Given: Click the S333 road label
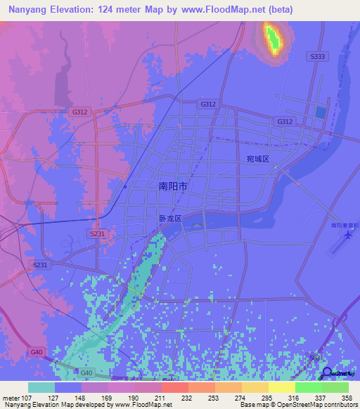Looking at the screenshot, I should (x=316, y=56).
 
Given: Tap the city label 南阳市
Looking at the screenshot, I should (x=172, y=186).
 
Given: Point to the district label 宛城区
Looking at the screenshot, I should (x=258, y=160).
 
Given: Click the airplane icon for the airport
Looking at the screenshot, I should (x=347, y=236).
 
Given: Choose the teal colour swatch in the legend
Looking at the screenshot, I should (x=41, y=387).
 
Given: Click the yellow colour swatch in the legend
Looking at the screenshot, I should (x=255, y=387).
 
